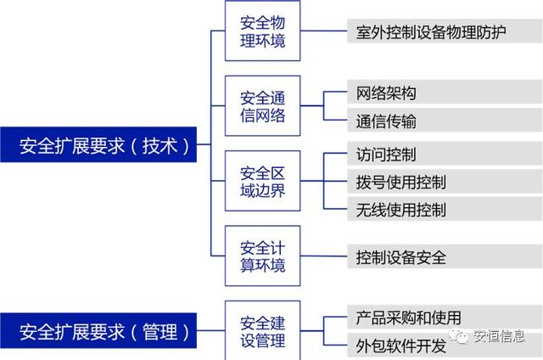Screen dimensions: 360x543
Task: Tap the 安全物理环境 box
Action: [262, 31]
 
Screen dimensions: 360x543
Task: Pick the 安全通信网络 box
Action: [262, 106]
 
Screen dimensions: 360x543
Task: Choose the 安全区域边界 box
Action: [262, 181]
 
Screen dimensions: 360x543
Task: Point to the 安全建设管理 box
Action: [262, 330]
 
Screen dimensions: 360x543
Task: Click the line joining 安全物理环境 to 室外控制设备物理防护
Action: [324, 31]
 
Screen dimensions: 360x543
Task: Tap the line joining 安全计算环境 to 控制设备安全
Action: [324, 256]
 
